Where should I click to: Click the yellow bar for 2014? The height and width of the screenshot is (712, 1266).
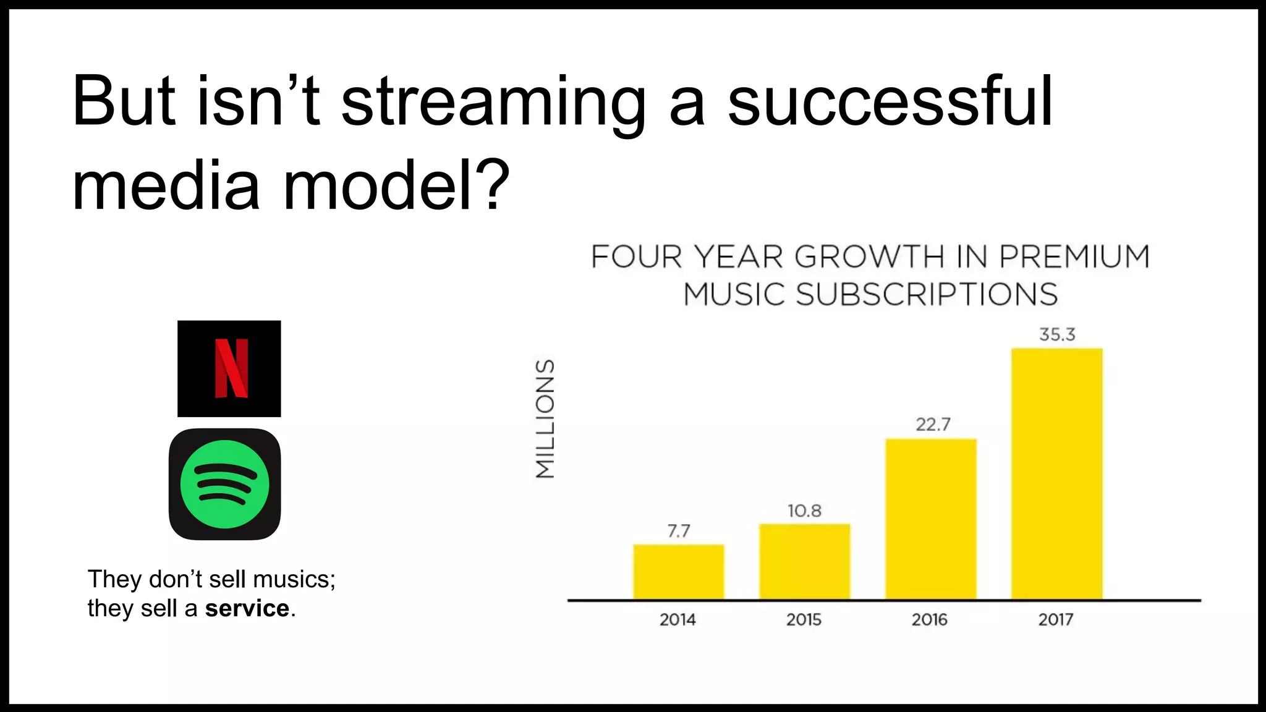(x=678, y=572)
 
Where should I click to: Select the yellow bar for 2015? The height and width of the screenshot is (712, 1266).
(x=804, y=561)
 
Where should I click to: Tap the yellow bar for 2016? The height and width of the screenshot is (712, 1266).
(x=930, y=519)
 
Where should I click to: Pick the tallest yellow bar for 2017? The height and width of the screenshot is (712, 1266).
(x=1056, y=473)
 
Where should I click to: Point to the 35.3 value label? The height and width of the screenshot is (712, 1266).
(x=1057, y=334)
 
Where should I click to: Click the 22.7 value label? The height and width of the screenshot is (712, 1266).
(x=933, y=425)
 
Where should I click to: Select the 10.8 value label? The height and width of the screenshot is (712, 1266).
(x=804, y=511)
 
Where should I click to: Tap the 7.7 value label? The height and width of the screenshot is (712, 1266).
(x=678, y=531)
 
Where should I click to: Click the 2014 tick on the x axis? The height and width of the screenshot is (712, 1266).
(x=678, y=619)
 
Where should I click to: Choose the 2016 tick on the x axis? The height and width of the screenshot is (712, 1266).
(x=929, y=619)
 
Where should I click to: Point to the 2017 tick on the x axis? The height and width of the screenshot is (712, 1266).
(x=1055, y=619)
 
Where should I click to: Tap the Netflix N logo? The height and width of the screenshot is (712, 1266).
(x=231, y=368)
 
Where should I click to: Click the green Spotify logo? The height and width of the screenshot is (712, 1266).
(x=224, y=484)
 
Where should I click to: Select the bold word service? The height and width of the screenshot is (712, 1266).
(x=247, y=608)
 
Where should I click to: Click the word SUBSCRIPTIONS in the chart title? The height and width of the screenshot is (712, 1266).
(x=926, y=294)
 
